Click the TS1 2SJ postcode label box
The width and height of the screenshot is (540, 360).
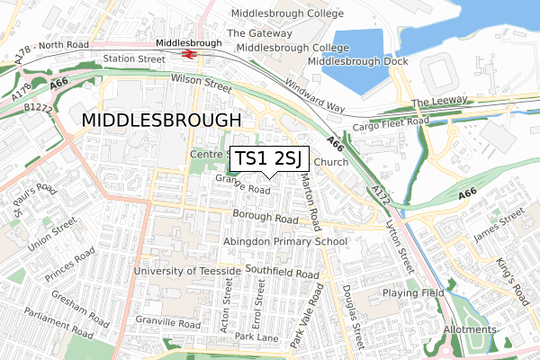tap(271, 159)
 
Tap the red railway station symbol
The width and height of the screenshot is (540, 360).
tap(189, 54)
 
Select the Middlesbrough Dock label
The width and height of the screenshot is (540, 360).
tap(357, 61)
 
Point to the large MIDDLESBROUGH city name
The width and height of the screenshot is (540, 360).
tap(162, 120)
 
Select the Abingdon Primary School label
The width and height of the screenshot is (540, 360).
tap(285, 242)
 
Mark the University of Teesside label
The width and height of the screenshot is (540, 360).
tap(187, 271)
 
